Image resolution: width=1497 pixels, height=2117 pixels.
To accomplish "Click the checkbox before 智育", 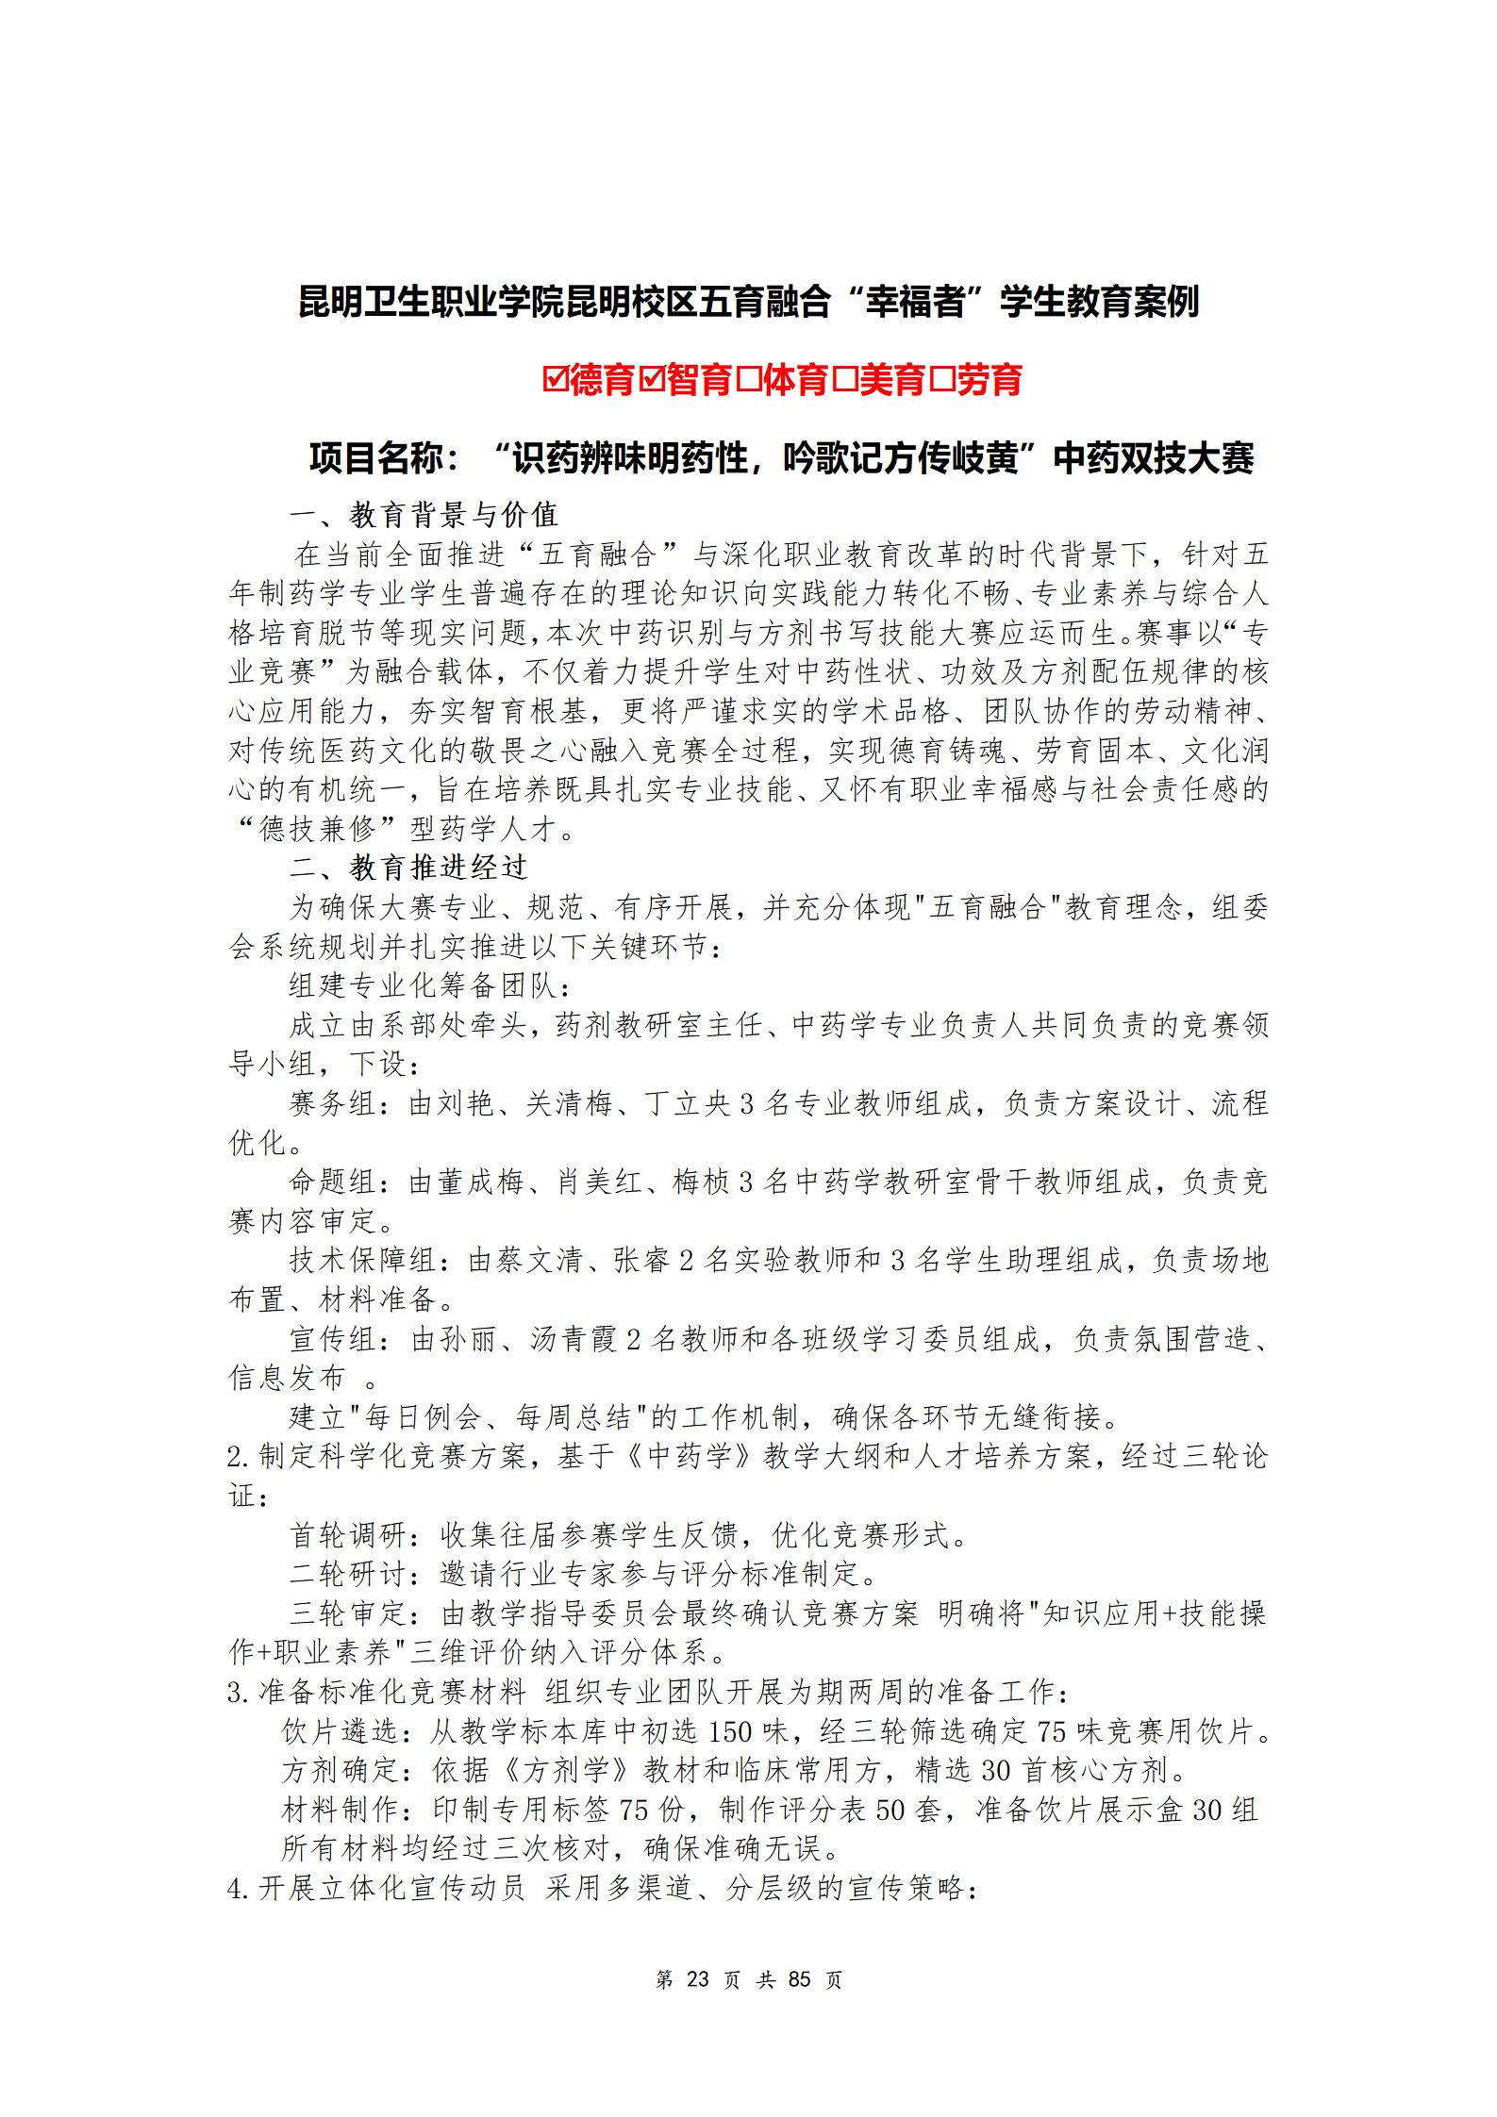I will [x=653, y=381].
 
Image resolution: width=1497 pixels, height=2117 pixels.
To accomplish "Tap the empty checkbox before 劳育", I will [x=942, y=381].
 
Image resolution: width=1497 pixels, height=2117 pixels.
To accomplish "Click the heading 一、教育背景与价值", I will [x=424, y=515].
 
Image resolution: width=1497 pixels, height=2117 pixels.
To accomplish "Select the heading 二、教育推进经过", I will [x=424, y=868].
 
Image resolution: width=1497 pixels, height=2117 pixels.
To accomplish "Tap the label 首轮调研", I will [x=349, y=1536].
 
